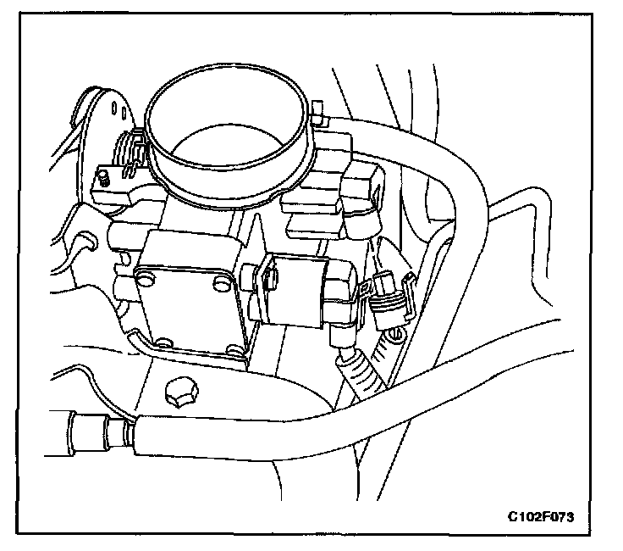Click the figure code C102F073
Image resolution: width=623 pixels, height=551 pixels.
click(x=547, y=515)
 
